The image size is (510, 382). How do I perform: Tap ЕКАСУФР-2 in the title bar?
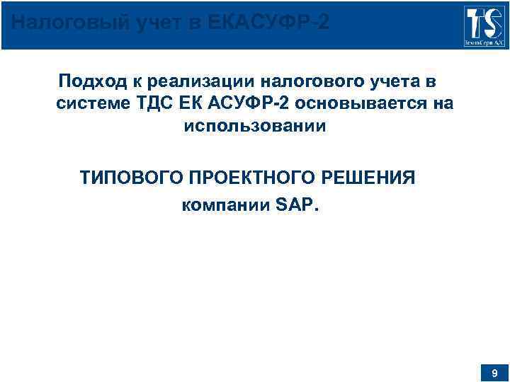click(x=269, y=23)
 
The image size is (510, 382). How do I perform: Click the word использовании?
click(x=255, y=127)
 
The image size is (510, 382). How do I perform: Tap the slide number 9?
click(x=494, y=372)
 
